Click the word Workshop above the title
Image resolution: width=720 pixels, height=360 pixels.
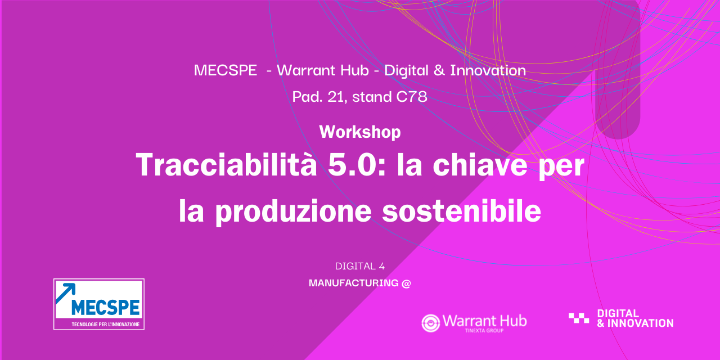point(360,132)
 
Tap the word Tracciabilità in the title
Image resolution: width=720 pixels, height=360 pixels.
point(226,165)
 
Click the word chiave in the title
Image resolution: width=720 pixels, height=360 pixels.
point(480,165)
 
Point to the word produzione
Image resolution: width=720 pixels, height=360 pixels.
point(294,211)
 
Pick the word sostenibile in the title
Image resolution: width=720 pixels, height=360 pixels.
point(462,210)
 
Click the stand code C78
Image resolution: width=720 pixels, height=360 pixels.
point(412,96)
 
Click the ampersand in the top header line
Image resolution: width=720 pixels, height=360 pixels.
point(439,70)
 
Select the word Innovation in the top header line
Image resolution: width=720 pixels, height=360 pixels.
point(488,70)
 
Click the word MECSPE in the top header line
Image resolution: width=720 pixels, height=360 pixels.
point(226,70)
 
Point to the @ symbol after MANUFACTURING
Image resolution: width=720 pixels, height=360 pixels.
point(406,283)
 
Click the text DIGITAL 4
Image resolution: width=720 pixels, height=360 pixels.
point(359,266)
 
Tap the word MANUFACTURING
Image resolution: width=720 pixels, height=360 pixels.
point(354,283)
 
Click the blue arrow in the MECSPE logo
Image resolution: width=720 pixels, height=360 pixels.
point(66,293)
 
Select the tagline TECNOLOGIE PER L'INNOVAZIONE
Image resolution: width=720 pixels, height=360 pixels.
point(105,325)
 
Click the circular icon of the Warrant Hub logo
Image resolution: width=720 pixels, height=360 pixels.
point(431,323)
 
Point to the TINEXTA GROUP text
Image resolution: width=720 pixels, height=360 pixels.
point(484,330)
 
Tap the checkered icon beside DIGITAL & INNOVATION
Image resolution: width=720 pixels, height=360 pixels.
point(579,318)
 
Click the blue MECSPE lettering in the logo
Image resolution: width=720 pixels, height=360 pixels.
point(105,307)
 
